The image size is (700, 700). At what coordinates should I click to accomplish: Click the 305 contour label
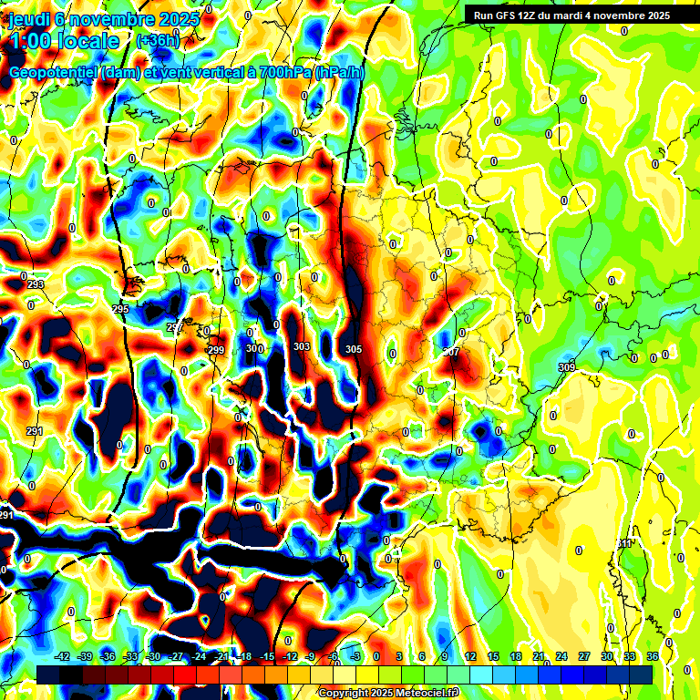point(354,349)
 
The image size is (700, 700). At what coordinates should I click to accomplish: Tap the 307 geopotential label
point(451,352)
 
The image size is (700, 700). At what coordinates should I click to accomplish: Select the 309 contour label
point(567,367)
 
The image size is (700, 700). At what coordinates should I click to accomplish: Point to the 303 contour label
point(302,346)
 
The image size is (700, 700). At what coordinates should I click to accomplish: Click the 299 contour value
point(216,350)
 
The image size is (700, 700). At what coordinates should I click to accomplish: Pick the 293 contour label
point(36,285)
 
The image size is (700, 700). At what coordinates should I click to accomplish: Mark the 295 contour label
point(120,310)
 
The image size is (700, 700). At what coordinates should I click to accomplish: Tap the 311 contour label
point(624,544)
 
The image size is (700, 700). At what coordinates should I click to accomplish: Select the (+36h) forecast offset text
point(158,40)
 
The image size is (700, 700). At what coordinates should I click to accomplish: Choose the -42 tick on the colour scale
point(62,656)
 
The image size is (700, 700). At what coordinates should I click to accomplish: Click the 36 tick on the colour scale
point(653,656)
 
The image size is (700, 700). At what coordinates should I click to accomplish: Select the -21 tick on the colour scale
point(221,656)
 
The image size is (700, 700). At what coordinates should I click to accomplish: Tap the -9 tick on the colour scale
point(310,656)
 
